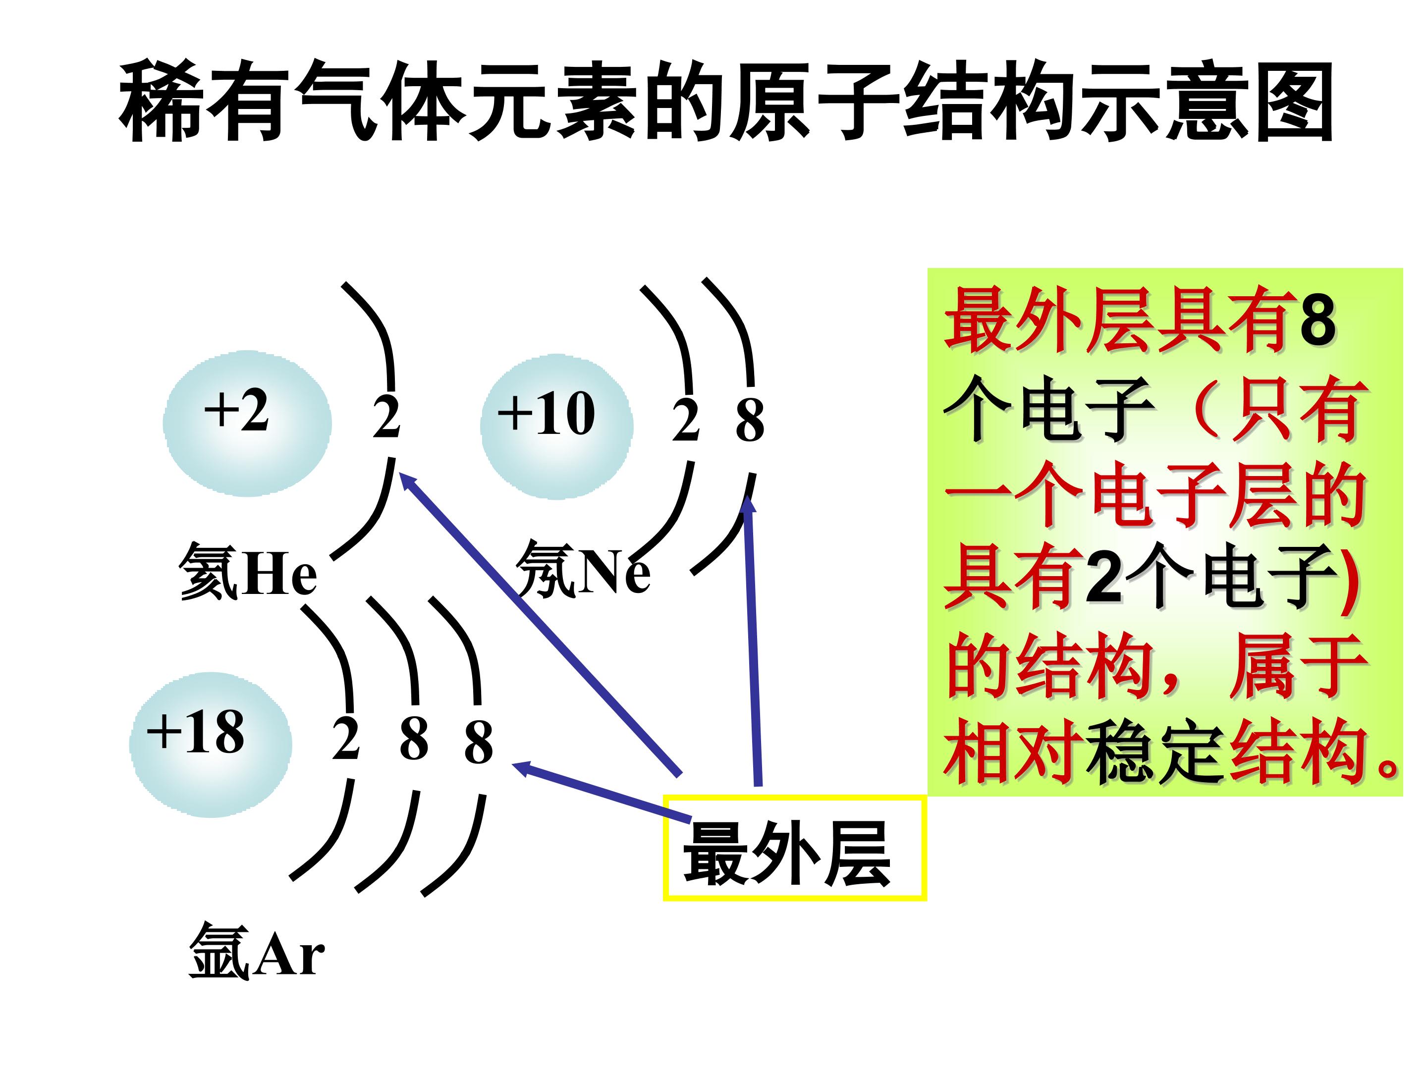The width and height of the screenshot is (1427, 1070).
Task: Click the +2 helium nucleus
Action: click(247, 423)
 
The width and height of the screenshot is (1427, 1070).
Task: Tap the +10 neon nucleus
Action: click(557, 427)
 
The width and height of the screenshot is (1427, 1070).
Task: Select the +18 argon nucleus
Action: click(211, 745)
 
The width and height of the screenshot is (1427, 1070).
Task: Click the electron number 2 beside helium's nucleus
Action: click(386, 417)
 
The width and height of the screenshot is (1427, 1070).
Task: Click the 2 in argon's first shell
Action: click(346, 739)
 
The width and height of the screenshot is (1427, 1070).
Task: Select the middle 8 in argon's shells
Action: click(414, 739)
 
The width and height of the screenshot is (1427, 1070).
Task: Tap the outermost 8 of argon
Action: click(479, 742)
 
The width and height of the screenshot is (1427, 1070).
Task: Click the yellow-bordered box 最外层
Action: click(795, 848)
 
